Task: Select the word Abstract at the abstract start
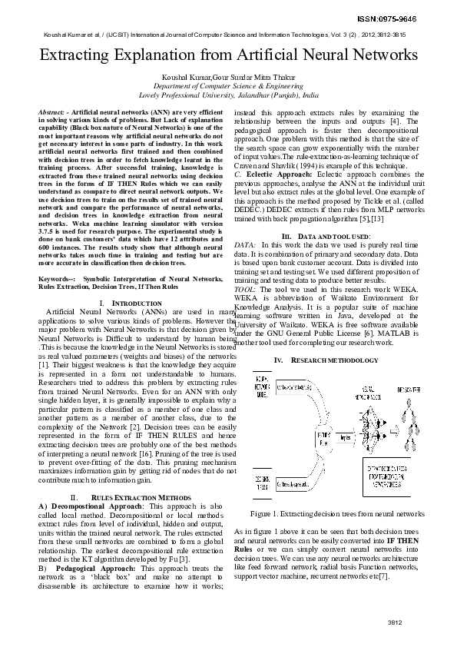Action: (51, 112)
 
